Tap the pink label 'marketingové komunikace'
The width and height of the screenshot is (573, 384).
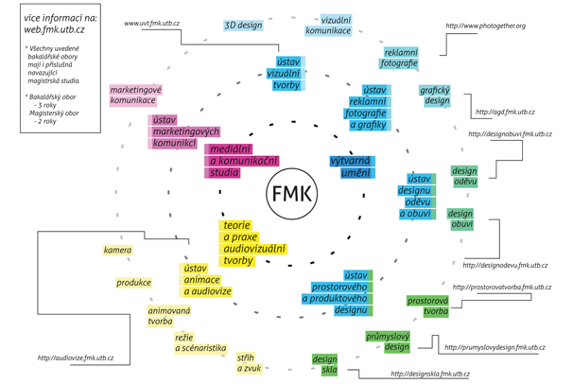point(136,95)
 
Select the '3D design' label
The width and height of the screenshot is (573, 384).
point(244,26)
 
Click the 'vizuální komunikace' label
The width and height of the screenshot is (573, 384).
point(328,26)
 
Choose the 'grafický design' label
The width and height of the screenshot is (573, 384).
point(436,96)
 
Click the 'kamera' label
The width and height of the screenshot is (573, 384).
point(117,251)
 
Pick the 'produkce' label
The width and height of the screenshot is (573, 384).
point(133,283)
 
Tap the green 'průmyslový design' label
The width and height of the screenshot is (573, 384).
point(388,341)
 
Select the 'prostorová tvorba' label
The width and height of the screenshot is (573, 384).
point(427,305)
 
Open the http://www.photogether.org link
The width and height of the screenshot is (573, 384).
point(492,26)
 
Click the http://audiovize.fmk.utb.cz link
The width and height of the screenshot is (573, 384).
point(76,358)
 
